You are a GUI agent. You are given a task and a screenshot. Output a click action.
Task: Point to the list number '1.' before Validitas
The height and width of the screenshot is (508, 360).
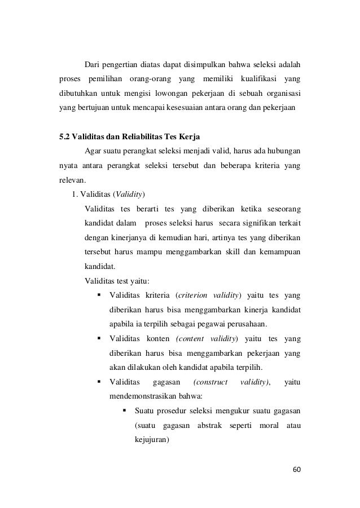point(74,195)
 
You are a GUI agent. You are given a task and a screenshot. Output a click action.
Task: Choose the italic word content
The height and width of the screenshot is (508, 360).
point(192,338)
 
